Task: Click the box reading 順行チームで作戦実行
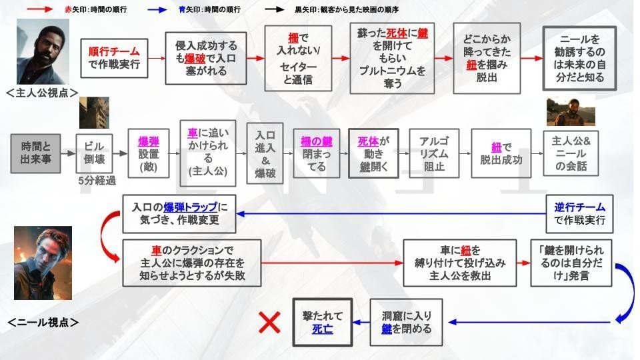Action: (x=113, y=58)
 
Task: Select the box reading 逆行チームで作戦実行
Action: (x=579, y=213)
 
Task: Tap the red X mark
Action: (x=269, y=323)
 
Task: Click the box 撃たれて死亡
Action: (x=323, y=323)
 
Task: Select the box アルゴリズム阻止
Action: (x=433, y=153)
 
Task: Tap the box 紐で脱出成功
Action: (x=501, y=153)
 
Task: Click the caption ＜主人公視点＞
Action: (x=42, y=92)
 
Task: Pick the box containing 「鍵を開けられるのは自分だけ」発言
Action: (x=571, y=263)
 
